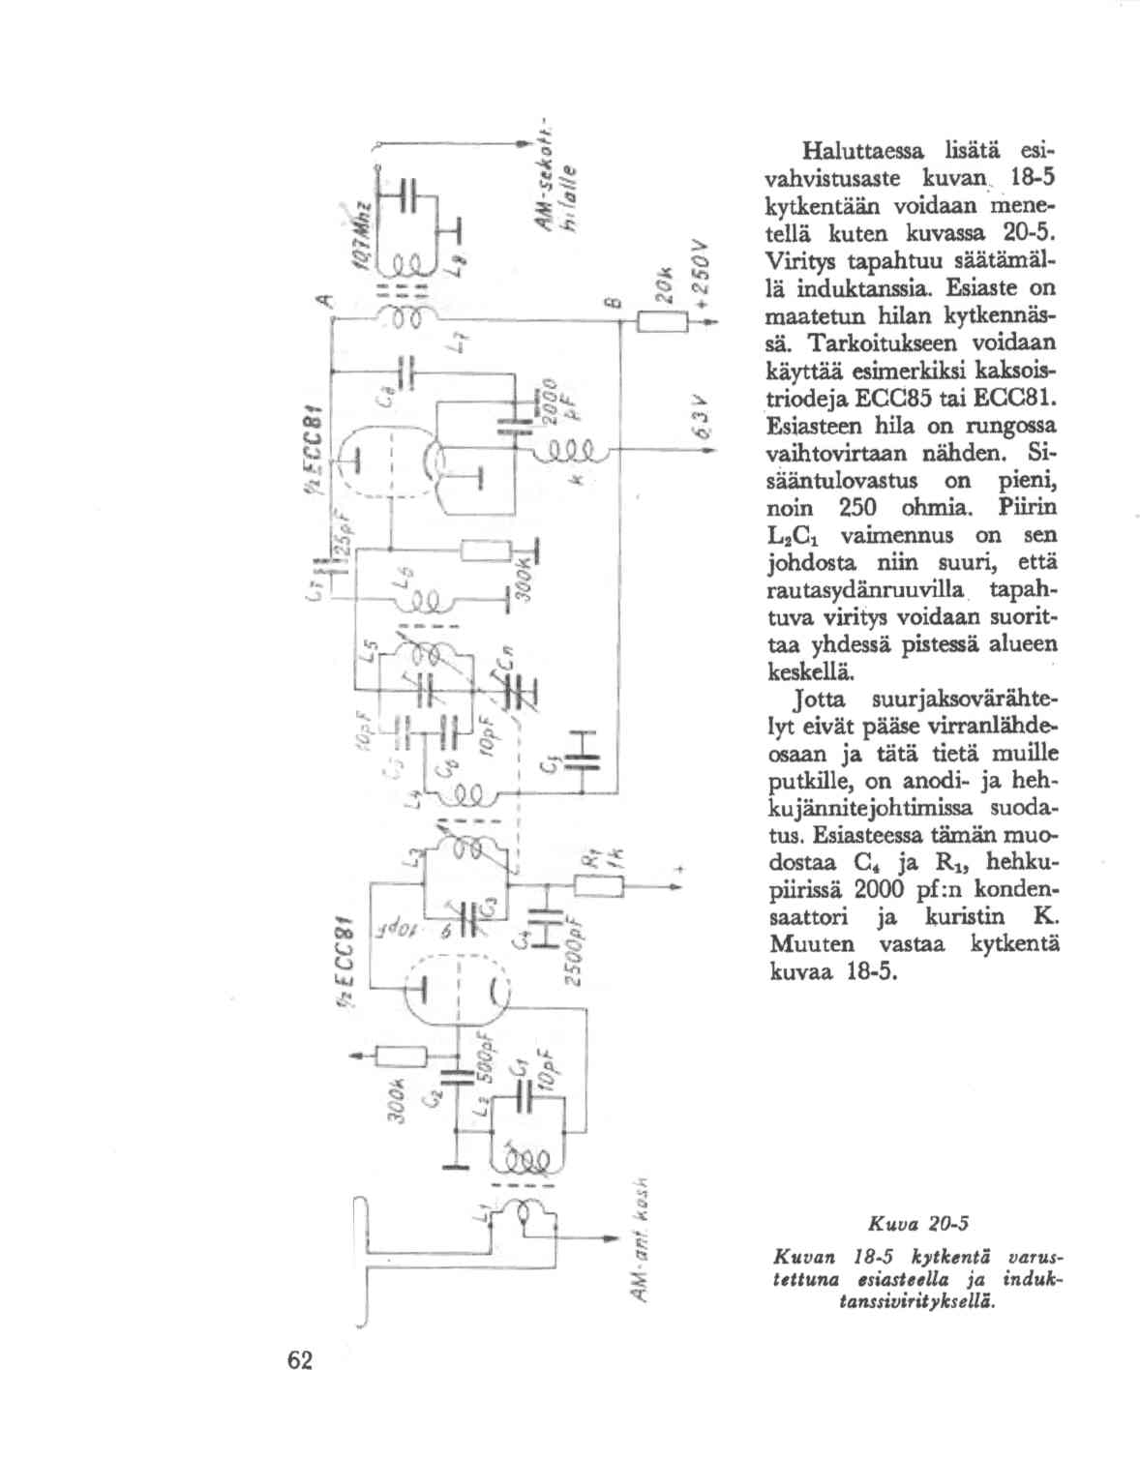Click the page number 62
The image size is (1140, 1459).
(300, 1360)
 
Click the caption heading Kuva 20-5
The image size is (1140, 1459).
(914, 1225)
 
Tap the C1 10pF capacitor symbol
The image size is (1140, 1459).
(524, 1093)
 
